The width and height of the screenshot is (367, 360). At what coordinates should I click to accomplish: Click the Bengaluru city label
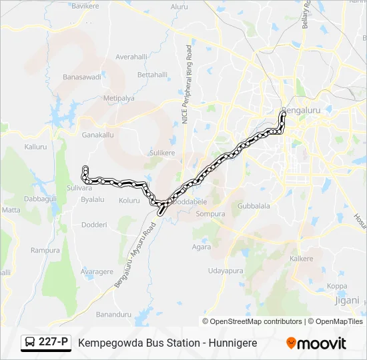[x=302, y=111]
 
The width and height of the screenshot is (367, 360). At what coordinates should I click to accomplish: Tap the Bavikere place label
[x=84, y=6]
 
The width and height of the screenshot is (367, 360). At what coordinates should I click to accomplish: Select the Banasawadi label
[x=81, y=77]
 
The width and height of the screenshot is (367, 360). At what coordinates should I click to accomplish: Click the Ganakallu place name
[x=97, y=134]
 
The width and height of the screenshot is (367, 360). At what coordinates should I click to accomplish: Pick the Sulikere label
[x=161, y=153]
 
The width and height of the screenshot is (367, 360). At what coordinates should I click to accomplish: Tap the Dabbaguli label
[x=41, y=199]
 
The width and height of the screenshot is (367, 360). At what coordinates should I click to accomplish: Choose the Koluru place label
[x=129, y=200]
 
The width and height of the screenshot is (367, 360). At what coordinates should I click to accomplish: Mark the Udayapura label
[x=226, y=271]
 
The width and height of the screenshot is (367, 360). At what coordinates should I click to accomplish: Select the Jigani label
[x=346, y=301]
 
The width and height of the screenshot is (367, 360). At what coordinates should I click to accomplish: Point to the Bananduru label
[x=113, y=314]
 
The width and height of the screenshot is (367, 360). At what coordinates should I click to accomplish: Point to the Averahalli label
[x=131, y=57]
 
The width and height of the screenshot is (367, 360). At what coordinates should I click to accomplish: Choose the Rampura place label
[x=45, y=250]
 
